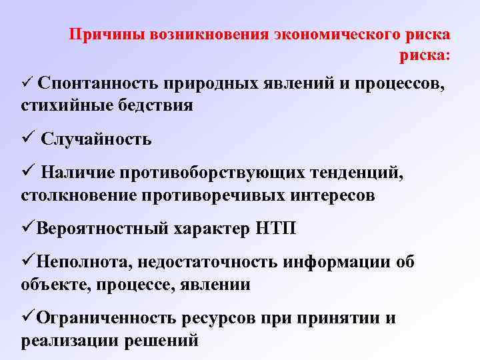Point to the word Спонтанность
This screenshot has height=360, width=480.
pos(98,83)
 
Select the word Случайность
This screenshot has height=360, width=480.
pos(96,139)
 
